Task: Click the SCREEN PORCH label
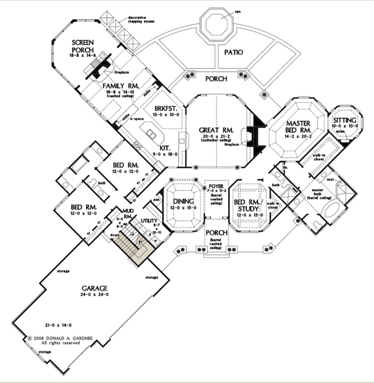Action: [x=83, y=46]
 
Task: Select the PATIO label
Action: [x=233, y=52]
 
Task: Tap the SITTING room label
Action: [x=344, y=120]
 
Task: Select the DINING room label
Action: [x=184, y=201]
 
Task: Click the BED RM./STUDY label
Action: [x=246, y=205]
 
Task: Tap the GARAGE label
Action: [x=94, y=288]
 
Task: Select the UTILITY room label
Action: [x=149, y=221]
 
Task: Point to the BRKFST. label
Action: [x=166, y=109]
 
